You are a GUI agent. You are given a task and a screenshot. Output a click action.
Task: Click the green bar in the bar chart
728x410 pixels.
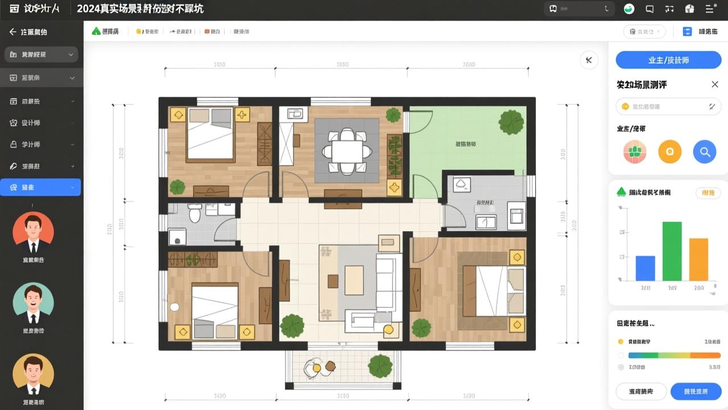[x=672, y=251]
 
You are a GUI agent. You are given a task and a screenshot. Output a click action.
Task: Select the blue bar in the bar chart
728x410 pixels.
[x=645, y=268]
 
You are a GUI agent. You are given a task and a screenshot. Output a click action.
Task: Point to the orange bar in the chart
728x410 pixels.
[x=698, y=260]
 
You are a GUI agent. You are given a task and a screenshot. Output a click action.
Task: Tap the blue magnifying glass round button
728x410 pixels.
[x=704, y=152]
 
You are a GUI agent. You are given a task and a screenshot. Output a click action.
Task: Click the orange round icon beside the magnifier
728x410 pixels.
[x=669, y=152]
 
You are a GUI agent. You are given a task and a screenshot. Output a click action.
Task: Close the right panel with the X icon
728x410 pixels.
[x=715, y=84]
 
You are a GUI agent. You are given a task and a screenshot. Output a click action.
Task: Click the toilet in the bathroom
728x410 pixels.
[x=195, y=214]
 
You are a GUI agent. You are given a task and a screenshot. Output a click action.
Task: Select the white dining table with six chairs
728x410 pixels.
[x=347, y=151]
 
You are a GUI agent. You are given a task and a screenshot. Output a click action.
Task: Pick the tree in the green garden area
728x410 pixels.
[x=511, y=122]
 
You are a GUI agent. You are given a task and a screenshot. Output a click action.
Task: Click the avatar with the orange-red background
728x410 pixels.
[x=33, y=233]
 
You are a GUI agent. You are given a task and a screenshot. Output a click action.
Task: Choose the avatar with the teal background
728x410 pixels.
[x=33, y=304]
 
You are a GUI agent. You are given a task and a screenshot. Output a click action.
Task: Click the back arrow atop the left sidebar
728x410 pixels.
[x=13, y=32]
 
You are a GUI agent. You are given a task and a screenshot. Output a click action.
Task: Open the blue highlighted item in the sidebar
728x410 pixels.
[x=40, y=187]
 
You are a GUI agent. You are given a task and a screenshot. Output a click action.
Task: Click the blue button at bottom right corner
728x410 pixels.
[x=696, y=391]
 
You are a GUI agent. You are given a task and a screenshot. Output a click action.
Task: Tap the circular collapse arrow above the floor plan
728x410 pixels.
[x=589, y=60]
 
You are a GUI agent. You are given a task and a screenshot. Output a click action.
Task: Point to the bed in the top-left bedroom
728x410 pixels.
[x=210, y=134]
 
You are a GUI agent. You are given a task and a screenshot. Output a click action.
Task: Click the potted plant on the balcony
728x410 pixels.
[x=380, y=366]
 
